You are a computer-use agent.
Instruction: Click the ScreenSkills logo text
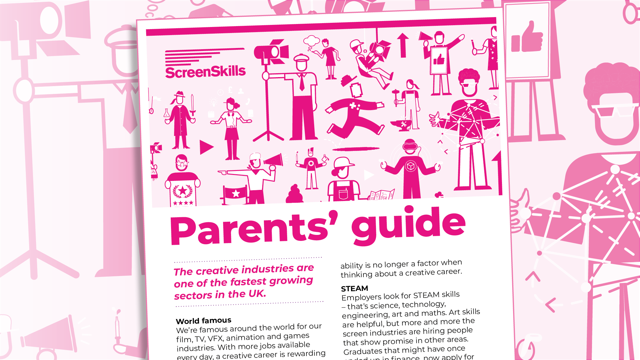(205, 72)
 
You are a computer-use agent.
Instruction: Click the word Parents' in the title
(254, 230)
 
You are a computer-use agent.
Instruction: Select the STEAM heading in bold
(354, 289)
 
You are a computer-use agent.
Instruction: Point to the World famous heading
(203, 321)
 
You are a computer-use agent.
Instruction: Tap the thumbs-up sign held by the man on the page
(439, 59)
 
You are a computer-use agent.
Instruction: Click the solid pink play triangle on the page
(206, 147)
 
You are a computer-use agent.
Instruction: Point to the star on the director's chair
(236, 193)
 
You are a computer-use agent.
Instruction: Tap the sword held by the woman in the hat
(193, 105)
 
